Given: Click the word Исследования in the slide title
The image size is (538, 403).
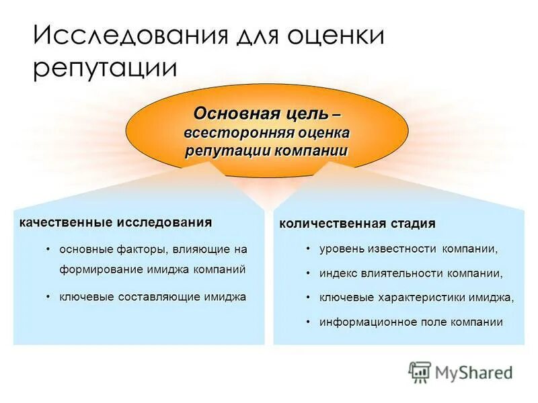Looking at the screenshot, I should [x=128, y=36].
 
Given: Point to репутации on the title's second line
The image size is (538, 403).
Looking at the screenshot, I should [x=105, y=69].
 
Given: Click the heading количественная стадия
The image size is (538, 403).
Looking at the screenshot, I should [x=357, y=223].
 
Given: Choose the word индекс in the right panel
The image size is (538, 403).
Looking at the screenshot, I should [x=339, y=273].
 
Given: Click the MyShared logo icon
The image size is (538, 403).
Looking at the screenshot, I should [x=420, y=371].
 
